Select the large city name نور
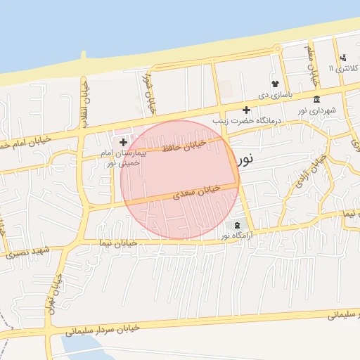click(245, 159)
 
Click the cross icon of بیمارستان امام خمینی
click(124, 142)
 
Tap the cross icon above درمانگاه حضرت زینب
click(246, 110)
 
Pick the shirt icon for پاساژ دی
click(274, 84)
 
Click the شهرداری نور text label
click(316, 110)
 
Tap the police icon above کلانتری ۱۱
click(342, 58)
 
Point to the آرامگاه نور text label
click(236, 236)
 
